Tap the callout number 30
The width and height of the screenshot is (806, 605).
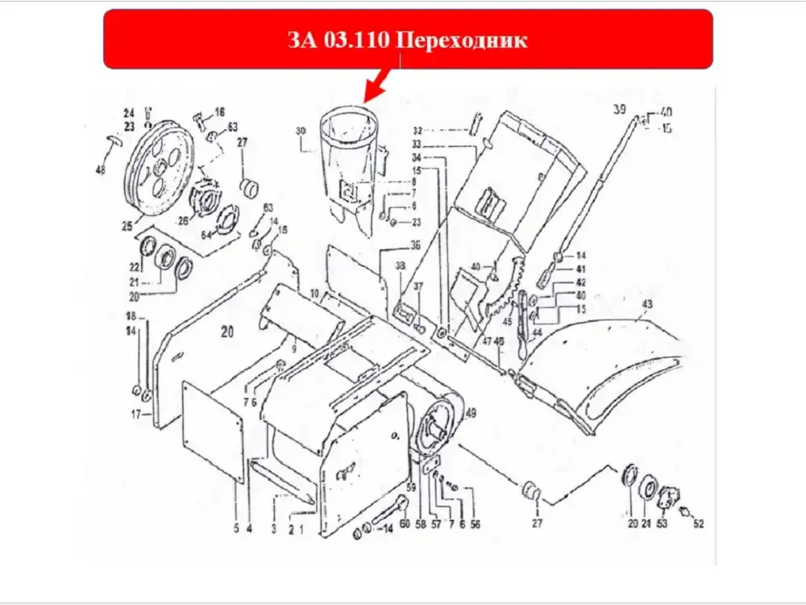click(x=301, y=131)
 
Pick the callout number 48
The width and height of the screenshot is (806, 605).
click(x=101, y=170)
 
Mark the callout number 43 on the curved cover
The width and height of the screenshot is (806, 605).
click(x=646, y=303)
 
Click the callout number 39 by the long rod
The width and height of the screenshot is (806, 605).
click(x=619, y=109)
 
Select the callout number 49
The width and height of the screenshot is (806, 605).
click(x=471, y=414)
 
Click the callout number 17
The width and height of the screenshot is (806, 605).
click(x=135, y=415)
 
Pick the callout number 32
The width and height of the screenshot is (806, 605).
click(x=418, y=130)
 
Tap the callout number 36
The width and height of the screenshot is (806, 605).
click(x=415, y=244)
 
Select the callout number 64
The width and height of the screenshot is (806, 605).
click(x=205, y=235)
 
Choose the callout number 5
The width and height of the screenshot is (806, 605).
click(x=236, y=529)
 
